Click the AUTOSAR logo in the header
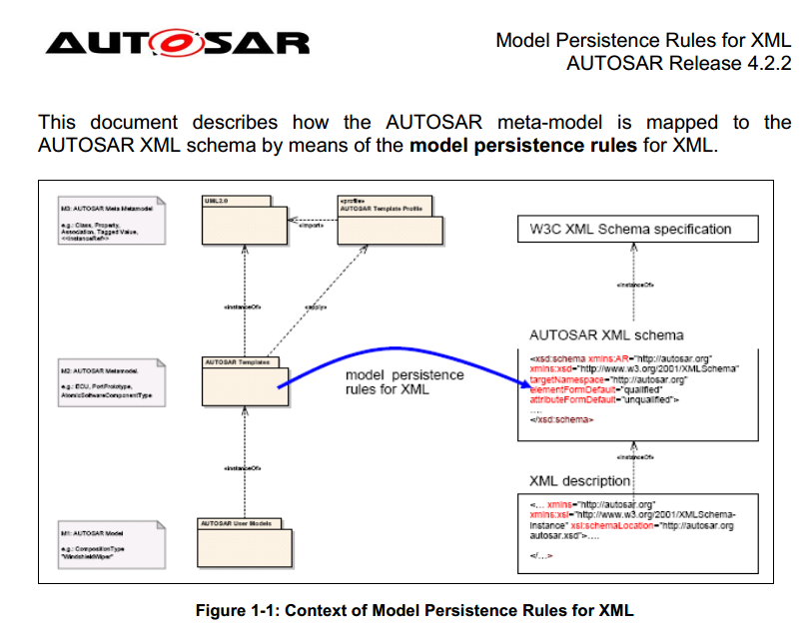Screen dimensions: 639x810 point(178,42)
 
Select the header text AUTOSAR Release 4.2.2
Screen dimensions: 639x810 point(678,64)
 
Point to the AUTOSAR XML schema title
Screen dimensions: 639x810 point(606,334)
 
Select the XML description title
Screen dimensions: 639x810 point(580,480)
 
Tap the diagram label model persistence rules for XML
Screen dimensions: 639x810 point(405,382)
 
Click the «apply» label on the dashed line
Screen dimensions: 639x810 point(316,308)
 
